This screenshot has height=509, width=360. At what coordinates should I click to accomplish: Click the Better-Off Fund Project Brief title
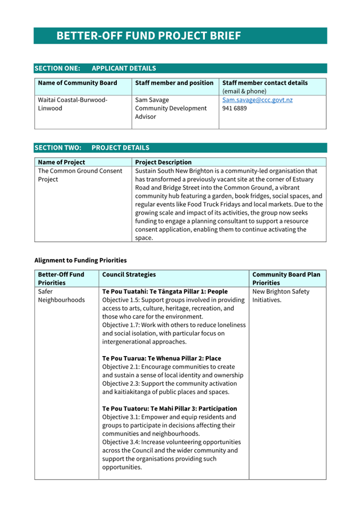pyautogui.click(x=149, y=36)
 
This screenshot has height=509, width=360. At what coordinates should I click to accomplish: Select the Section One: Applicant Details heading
pyautogui.click(x=95, y=68)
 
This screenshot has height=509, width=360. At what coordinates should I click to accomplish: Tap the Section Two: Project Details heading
pyautogui.click(x=92, y=148)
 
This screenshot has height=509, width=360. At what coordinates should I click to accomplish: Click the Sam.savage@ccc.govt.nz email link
pyautogui.click(x=257, y=100)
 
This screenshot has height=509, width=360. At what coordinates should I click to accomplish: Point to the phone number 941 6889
pyautogui.click(x=234, y=108)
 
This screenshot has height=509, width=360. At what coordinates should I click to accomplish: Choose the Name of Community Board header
pyautogui.click(x=77, y=83)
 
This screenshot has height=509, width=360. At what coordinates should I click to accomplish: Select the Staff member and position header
pyautogui.click(x=174, y=83)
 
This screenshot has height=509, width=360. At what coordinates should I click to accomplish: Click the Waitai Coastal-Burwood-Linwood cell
pyautogui.click(x=73, y=104)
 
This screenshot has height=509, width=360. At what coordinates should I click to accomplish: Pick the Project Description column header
pyautogui.click(x=163, y=162)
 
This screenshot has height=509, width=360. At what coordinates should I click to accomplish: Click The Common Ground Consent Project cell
pyautogui.click(x=80, y=175)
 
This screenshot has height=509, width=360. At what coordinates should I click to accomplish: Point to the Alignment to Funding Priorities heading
pyautogui.click(x=81, y=261)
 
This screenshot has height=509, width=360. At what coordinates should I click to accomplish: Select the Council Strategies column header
pyautogui.click(x=129, y=274)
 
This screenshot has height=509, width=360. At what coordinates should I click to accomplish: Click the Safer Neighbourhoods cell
pyautogui.click(x=61, y=296)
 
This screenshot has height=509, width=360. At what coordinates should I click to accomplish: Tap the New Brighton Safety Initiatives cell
pyautogui.click(x=281, y=296)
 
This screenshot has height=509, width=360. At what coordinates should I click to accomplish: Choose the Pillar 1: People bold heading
pyautogui.click(x=165, y=292)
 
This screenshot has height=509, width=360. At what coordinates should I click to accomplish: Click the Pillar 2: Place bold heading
pyautogui.click(x=162, y=359)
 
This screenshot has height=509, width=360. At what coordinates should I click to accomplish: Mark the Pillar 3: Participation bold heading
pyautogui.click(x=170, y=408)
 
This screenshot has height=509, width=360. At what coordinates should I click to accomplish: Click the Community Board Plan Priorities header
pyautogui.click(x=286, y=278)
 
